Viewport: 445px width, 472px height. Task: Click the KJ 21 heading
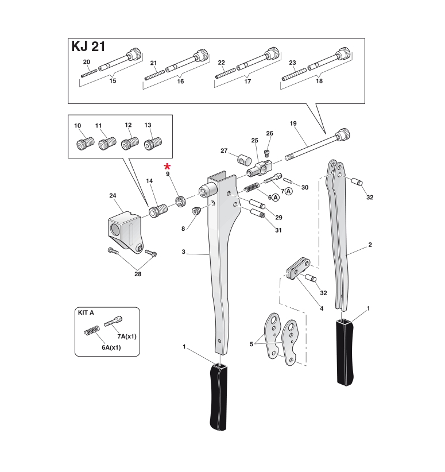tap(88, 47)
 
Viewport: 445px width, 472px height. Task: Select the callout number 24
tap(113, 196)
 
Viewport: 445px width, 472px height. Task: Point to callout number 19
tap(293, 123)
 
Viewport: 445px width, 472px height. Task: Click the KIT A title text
tap(86, 313)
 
